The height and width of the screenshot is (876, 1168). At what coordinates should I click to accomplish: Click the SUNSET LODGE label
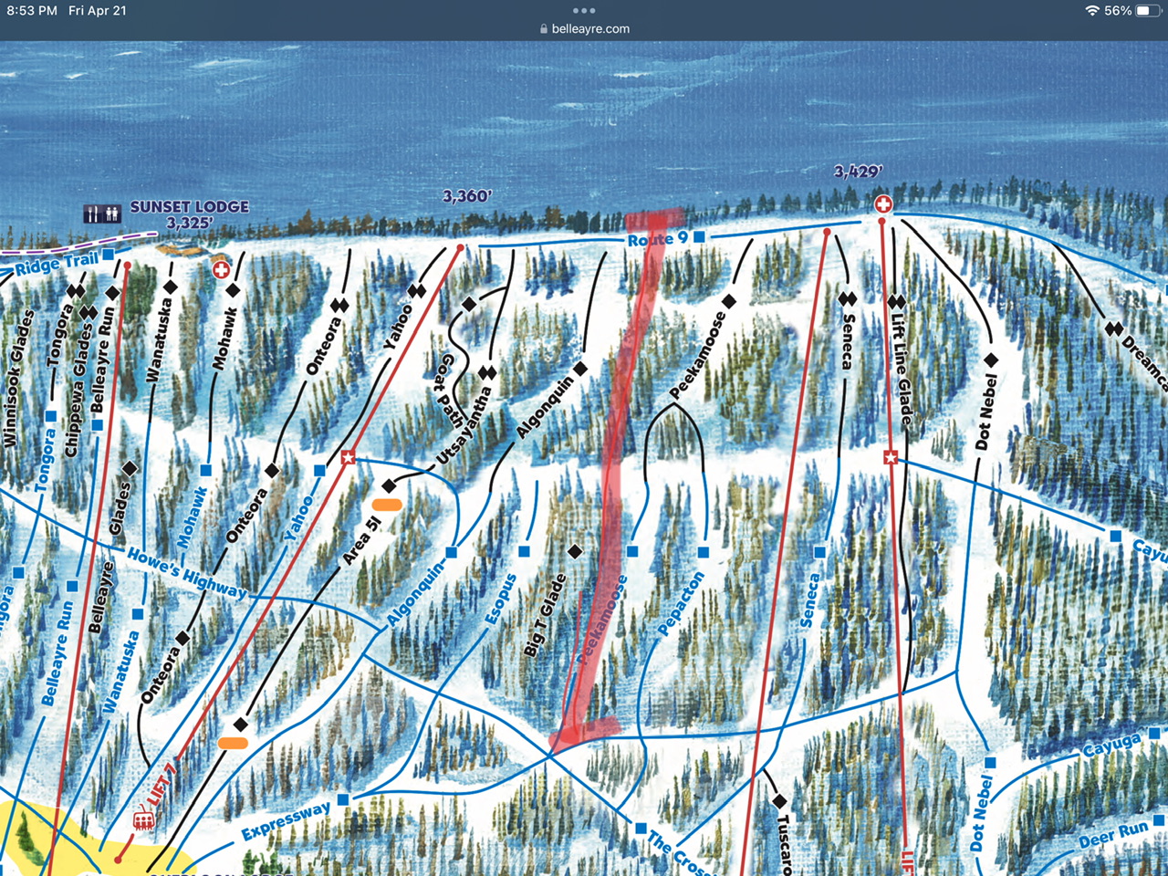(x=189, y=207)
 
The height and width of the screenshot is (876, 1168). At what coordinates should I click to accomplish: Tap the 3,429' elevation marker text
(x=858, y=172)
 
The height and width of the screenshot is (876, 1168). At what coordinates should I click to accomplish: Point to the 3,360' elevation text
(x=467, y=196)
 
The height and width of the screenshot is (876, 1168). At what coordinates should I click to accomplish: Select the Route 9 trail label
(x=657, y=239)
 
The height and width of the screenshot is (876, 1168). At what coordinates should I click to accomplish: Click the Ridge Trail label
(x=56, y=264)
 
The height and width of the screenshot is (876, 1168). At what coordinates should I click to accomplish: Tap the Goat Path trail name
(x=451, y=391)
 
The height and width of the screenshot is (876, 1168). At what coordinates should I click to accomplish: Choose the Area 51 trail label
(x=361, y=540)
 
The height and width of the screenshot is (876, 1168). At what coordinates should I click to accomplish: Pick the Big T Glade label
(x=546, y=615)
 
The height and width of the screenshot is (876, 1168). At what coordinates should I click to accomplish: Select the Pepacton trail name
(x=682, y=603)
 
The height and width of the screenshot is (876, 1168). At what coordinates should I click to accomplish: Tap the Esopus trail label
(x=501, y=600)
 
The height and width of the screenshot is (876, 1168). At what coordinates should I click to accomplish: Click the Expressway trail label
(x=286, y=821)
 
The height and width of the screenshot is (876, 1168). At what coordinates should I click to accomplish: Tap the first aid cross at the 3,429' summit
(x=882, y=203)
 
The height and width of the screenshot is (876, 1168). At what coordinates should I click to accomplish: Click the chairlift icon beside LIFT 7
(x=143, y=821)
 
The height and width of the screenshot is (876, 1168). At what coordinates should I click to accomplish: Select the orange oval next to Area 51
(x=387, y=504)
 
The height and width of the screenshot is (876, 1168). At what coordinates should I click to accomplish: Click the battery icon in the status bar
(x=1147, y=11)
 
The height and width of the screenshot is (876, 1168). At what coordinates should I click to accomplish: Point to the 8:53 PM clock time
(x=32, y=11)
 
